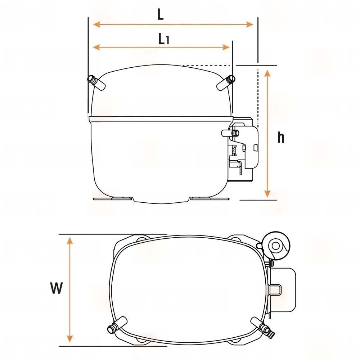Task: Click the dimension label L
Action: coord(161,15)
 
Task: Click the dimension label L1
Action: coord(164,39)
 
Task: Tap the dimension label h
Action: coord(281,138)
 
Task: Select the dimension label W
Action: coord(56,288)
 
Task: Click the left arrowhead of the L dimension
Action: coord(96,24)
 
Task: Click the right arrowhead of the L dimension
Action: coord(249,24)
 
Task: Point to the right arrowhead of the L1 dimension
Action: coord(226,47)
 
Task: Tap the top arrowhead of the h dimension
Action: coord(267,74)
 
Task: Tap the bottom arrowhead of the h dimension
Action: coord(267,193)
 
